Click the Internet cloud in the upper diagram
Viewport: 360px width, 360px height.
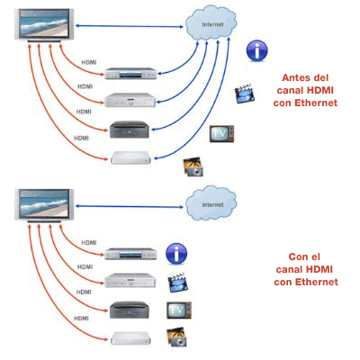tap(211, 24)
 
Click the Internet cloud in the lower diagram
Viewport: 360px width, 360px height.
tap(211, 204)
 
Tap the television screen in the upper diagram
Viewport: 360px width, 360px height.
tap(44, 23)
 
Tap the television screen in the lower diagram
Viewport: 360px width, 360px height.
tap(44, 203)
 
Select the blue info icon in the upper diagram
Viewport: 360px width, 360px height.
tap(256, 51)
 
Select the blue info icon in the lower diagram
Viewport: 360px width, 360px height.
tap(176, 254)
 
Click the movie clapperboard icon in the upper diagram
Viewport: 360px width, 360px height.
tap(245, 94)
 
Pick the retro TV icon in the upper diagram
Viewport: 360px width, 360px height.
tap(221, 133)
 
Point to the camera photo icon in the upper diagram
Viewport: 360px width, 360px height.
tap(193, 167)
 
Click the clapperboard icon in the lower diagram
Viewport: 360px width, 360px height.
tap(178, 283)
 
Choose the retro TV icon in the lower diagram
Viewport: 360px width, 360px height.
tap(179, 310)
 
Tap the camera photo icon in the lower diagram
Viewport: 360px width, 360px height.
tap(176, 337)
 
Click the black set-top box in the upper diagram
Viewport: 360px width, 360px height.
tap(130, 130)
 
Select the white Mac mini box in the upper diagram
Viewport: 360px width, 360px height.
tap(131, 157)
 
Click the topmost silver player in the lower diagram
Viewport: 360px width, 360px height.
tap(130, 254)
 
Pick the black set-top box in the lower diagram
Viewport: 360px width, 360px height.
tap(130, 310)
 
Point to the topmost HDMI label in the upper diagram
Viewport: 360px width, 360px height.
tap(89, 62)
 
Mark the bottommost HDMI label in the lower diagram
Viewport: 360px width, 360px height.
tap(81, 318)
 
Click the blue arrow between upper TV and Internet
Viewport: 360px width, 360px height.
tap(129, 26)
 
